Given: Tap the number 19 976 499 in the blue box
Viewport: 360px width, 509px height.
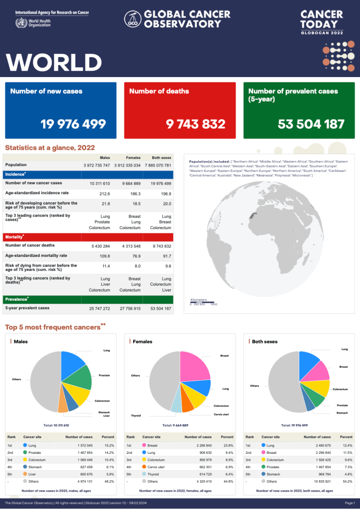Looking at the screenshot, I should [x=73, y=124].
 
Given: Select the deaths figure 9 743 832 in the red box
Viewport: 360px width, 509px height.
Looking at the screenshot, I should [x=195, y=124].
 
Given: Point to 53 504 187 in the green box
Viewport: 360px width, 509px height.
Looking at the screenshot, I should [x=311, y=124].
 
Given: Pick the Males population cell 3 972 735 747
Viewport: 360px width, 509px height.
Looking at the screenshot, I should [x=96, y=165].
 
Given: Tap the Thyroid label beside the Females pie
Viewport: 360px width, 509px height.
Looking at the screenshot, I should [x=136, y=415].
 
